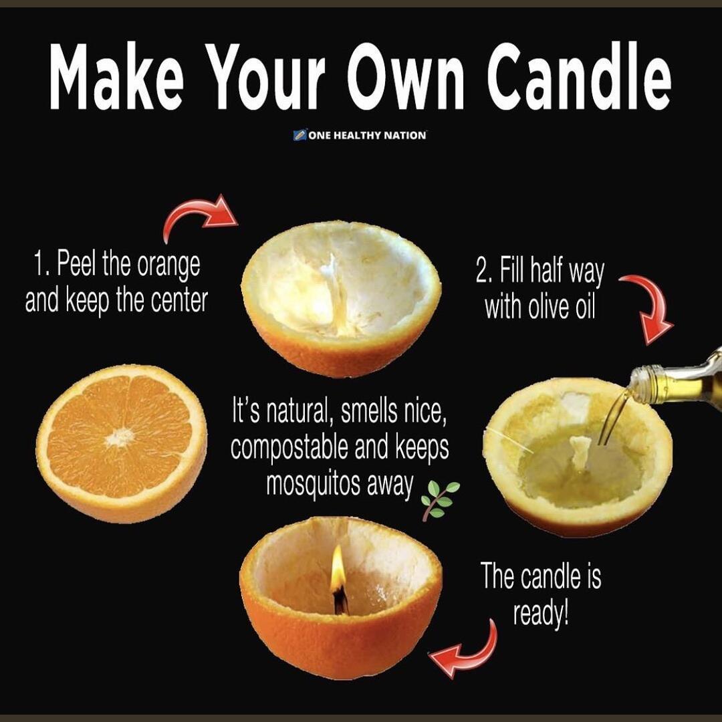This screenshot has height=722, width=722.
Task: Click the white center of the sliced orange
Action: pyautogui.click(x=120, y=438)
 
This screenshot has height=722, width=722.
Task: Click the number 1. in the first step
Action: pyautogui.click(x=41, y=265)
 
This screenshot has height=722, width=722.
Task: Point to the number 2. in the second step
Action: pyautogui.click(x=484, y=273)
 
